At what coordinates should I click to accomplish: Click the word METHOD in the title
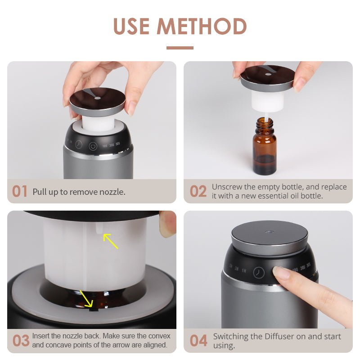tap(202, 26)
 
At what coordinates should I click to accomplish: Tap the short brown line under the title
tap(180, 48)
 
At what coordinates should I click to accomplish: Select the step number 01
tap(19, 191)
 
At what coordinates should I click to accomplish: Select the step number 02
tap(198, 191)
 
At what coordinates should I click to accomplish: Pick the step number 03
tap(21, 341)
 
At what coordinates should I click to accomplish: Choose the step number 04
tap(198, 341)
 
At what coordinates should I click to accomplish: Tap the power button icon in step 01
tap(93, 146)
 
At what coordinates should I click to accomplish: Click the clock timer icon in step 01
tap(79, 144)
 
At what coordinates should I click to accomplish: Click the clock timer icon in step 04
tap(259, 273)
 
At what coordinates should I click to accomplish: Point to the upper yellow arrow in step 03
tap(110, 241)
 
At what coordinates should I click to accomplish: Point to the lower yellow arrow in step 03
tap(86, 298)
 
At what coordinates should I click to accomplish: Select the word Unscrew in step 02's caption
tap(227, 187)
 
